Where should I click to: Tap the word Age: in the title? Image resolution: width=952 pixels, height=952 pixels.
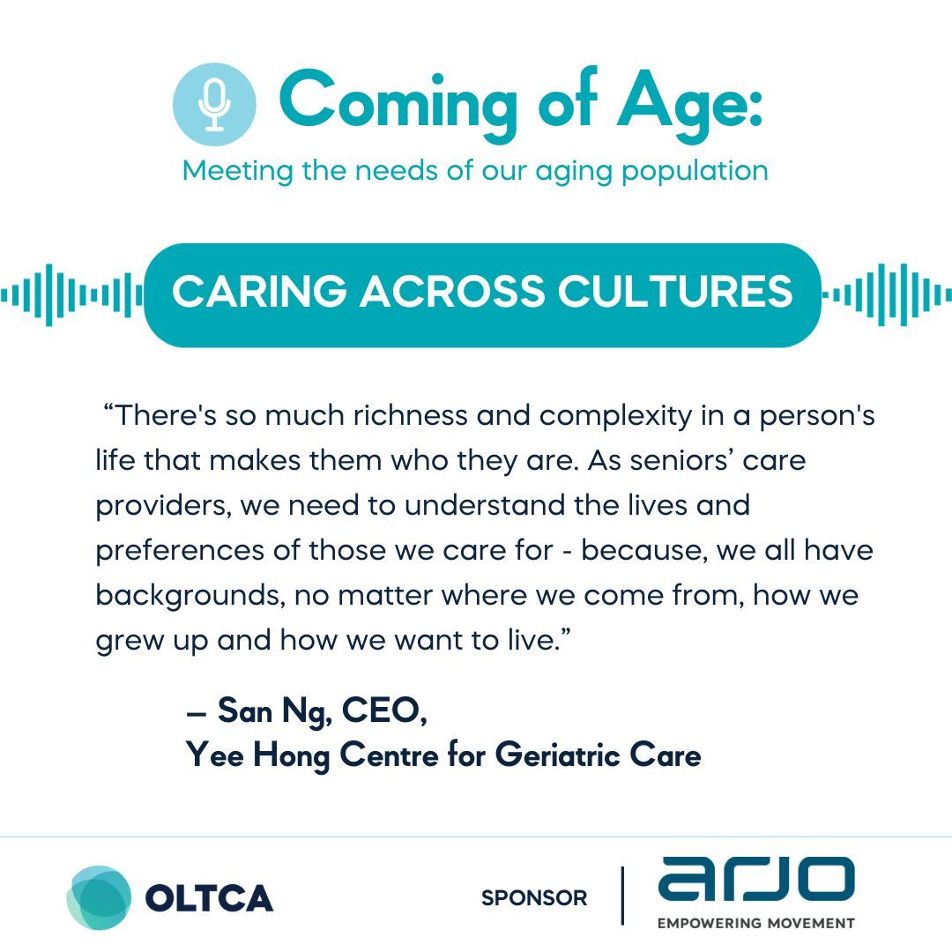689,103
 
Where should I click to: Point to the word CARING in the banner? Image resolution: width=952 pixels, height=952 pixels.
259,291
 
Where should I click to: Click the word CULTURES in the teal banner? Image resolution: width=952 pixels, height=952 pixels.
675,291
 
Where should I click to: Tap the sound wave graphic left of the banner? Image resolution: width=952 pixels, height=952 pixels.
71,295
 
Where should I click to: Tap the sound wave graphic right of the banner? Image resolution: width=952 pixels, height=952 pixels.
887,295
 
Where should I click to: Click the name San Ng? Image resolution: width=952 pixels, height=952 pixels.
274,711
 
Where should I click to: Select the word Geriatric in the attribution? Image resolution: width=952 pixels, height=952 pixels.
557,755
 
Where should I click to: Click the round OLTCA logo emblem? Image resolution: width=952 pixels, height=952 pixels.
99,898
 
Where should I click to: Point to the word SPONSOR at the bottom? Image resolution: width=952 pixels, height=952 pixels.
534,898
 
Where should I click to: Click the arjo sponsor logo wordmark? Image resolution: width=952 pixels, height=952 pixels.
756,879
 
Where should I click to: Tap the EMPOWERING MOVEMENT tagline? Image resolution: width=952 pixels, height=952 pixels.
756,924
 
